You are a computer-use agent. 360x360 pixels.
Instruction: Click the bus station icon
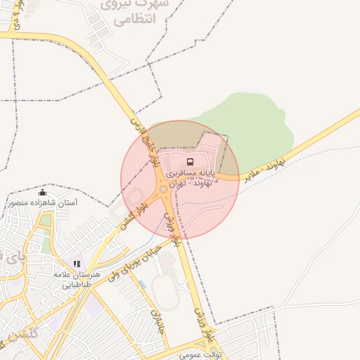192,162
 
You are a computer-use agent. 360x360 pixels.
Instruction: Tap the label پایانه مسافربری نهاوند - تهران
191,176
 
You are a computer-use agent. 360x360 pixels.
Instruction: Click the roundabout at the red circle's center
164,189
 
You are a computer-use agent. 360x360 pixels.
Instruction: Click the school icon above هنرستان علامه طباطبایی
77,264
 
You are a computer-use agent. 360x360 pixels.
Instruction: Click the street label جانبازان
155,320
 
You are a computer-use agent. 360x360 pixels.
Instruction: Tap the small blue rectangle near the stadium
142,285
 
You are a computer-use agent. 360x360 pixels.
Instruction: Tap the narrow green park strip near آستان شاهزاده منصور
45,221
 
